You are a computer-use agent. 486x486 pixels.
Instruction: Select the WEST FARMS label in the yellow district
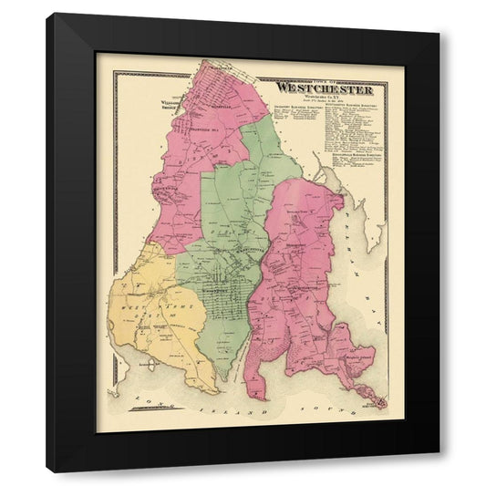pyautogui.click(x=146, y=307)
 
